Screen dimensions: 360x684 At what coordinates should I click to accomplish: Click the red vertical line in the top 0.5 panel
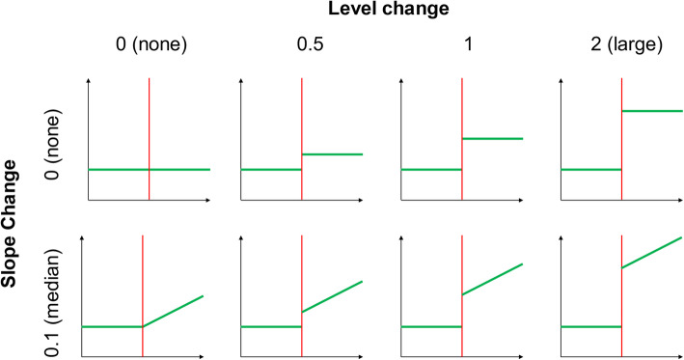[x=301, y=135]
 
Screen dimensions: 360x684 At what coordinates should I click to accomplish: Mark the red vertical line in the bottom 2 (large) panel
[x=621, y=309]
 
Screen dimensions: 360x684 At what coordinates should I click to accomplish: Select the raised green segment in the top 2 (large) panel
[x=651, y=111]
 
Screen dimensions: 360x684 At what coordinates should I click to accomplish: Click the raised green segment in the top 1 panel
[x=492, y=138]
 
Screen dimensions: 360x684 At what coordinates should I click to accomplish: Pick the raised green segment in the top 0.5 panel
[x=332, y=153]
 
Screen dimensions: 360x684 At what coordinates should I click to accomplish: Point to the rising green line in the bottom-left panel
[x=174, y=311]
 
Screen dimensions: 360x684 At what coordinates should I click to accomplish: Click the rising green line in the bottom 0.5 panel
[x=332, y=296]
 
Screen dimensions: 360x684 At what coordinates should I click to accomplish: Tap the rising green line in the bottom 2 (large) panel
[x=652, y=252]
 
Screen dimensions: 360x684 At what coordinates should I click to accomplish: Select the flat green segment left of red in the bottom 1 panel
[x=431, y=326]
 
